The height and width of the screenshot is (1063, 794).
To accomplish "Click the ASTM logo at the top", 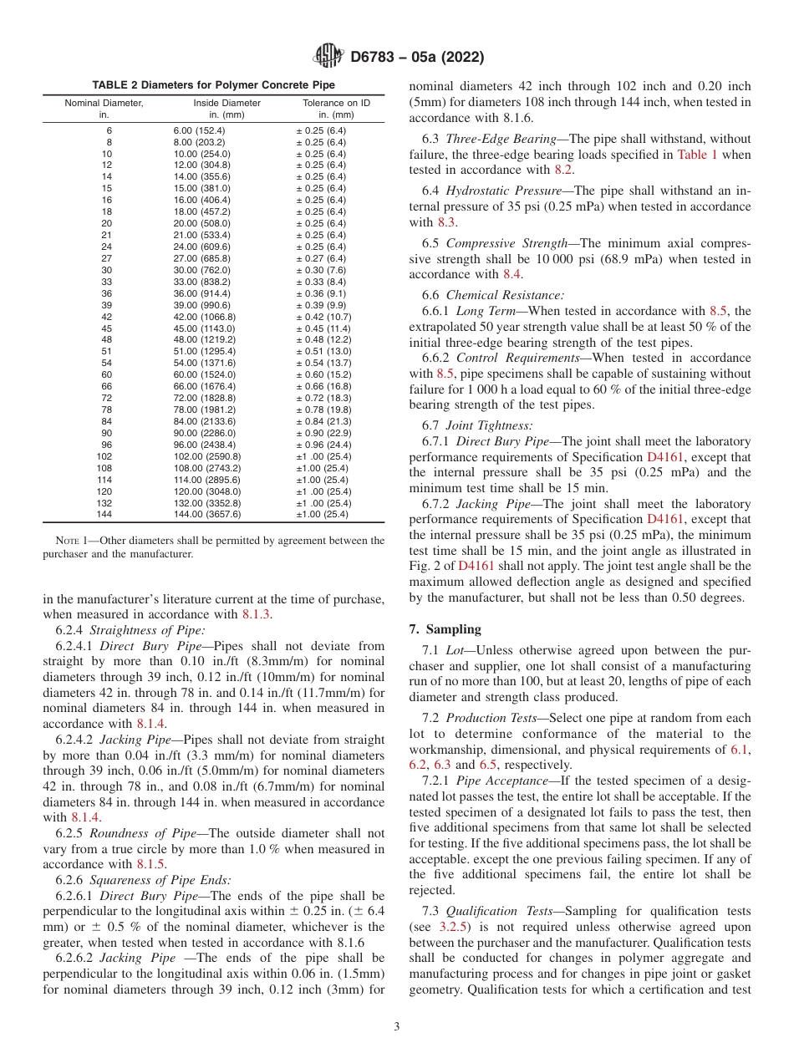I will point(328,57).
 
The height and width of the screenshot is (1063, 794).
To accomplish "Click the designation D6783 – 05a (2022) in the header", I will point(417,58).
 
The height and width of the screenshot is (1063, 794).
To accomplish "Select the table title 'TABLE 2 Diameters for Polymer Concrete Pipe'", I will point(213,85).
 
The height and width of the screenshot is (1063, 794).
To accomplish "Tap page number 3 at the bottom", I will point(396,1027).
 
